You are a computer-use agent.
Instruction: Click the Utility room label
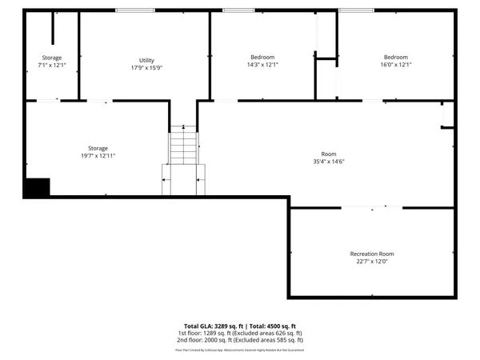coord(146,60)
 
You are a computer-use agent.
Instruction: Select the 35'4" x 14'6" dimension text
coord(329,162)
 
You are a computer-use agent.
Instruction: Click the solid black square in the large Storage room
coord(36,187)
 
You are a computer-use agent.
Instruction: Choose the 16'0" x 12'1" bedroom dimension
coord(395,65)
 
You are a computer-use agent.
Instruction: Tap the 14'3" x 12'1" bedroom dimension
coord(262,65)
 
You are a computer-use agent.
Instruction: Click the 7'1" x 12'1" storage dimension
coord(52,65)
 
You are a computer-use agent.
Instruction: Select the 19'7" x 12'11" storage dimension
coord(98,156)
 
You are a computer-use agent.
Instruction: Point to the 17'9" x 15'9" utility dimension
coord(146,68)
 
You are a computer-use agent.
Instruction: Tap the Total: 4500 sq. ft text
coord(272,326)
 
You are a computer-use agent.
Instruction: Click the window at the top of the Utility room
coord(135,10)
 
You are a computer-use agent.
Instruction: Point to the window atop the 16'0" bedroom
coord(356,10)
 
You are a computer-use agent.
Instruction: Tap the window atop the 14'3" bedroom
coord(238,10)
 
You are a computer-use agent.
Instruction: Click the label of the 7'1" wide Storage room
coord(52,58)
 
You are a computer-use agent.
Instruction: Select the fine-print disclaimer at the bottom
coord(239,350)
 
